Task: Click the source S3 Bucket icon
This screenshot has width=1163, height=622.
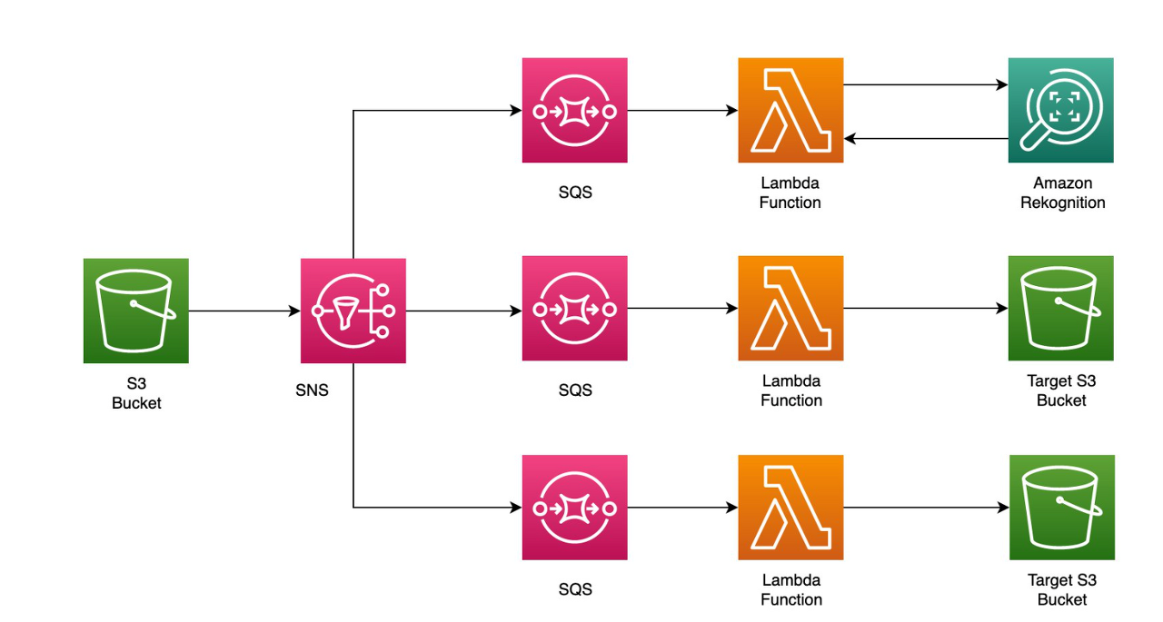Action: pos(136,311)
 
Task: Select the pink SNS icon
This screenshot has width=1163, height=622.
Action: pos(353,311)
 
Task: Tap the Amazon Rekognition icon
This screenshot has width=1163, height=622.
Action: pos(1060,110)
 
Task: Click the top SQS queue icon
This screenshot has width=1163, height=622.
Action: pos(575,110)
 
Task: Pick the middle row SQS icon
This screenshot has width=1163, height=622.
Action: pos(575,308)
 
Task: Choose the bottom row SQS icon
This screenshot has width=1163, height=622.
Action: pos(575,508)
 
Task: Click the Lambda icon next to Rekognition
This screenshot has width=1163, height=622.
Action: pos(790,110)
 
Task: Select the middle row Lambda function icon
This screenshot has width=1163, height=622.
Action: pos(790,308)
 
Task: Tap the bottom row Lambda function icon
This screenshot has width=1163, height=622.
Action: pos(790,508)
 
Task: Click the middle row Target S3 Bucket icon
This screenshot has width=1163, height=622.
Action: pos(1060,308)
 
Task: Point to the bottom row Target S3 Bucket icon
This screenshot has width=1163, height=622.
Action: pos(1062,508)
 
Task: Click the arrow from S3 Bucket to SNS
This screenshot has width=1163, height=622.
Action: pos(244,311)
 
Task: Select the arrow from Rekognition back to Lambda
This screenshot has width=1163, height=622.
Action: pos(926,139)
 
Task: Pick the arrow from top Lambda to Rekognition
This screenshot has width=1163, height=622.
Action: pos(926,84)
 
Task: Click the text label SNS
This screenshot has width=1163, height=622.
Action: pos(312,390)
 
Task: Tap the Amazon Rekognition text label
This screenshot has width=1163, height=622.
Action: pos(1063,193)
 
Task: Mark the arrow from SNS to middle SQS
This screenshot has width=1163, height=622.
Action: pos(464,311)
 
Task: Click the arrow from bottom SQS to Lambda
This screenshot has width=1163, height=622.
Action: pos(682,508)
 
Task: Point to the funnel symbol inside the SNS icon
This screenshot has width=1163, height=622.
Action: pos(344,313)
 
